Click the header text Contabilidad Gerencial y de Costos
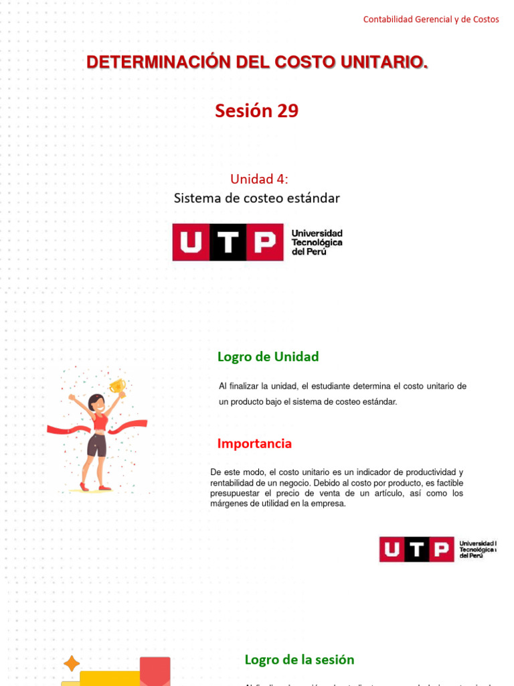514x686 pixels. click(x=430, y=19)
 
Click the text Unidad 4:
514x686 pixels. click(x=259, y=179)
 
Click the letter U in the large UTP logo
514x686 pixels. click(x=191, y=242)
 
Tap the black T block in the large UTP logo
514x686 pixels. click(x=228, y=242)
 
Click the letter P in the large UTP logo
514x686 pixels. click(x=264, y=242)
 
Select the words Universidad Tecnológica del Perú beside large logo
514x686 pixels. click(x=317, y=242)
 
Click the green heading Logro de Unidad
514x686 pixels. click(x=268, y=357)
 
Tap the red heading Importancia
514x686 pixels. click(x=254, y=443)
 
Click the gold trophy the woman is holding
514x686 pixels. click(x=117, y=386)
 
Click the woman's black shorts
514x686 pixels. click(x=96, y=444)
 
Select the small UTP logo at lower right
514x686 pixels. click(x=437, y=549)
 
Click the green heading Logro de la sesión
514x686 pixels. click(x=299, y=660)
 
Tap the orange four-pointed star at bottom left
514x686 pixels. click(x=71, y=663)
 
